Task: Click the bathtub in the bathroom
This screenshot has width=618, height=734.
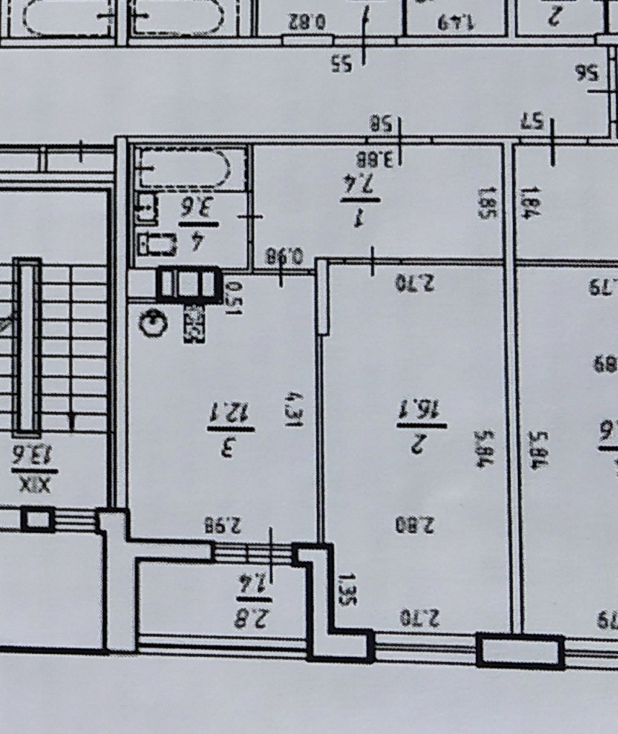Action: [x=190, y=169]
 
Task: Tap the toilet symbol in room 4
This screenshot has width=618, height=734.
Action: [x=157, y=244]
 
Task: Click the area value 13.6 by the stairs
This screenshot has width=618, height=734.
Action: [x=33, y=455]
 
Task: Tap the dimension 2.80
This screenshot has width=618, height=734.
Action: [x=416, y=524]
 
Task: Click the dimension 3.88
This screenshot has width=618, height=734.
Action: [x=375, y=157]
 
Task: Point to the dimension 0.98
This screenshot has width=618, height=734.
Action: [x=284, y=256]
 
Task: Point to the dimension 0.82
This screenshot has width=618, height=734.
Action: [x=308, y=22]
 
